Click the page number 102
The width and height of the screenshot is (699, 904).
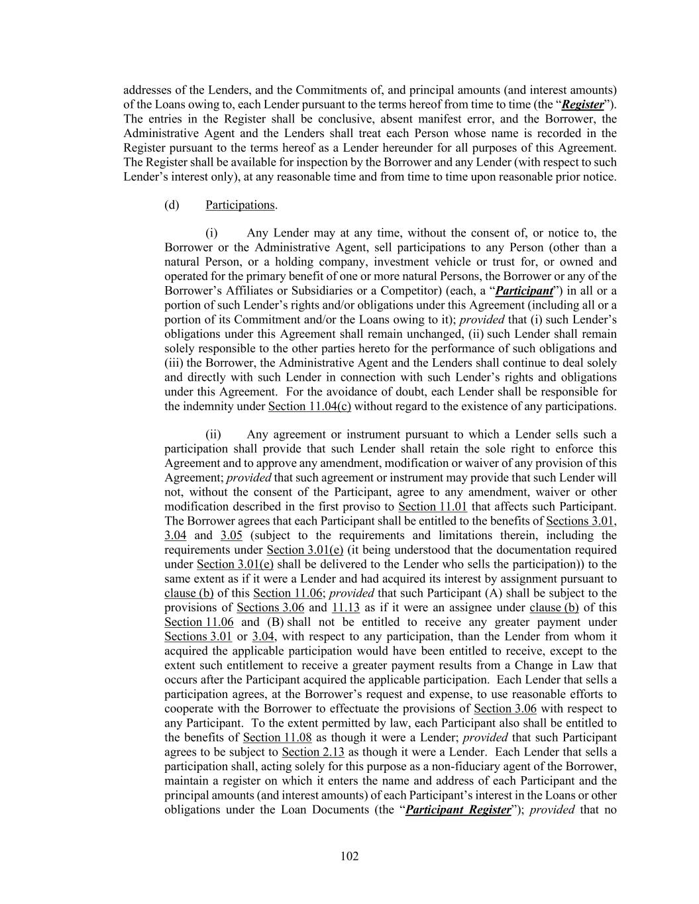point(349,856)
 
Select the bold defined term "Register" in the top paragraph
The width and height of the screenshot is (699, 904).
point(582,105)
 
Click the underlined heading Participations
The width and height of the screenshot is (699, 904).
point(240,205)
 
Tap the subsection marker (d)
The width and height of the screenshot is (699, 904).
point(172,205)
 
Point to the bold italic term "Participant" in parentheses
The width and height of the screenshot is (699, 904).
point(525,291)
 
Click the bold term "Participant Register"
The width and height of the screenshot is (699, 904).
point(458,810)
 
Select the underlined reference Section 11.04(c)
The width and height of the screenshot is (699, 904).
point(309,406)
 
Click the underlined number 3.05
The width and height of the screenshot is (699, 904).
point(231,535)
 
